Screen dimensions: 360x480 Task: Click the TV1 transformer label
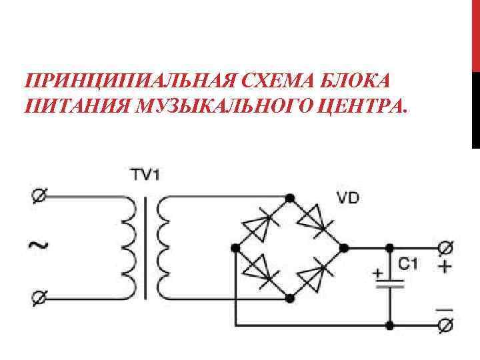(145, 175)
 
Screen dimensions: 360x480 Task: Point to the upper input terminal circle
(38, 196)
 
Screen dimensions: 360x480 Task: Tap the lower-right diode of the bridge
(316, 275)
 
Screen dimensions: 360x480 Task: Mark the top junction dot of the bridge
(289, 197)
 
